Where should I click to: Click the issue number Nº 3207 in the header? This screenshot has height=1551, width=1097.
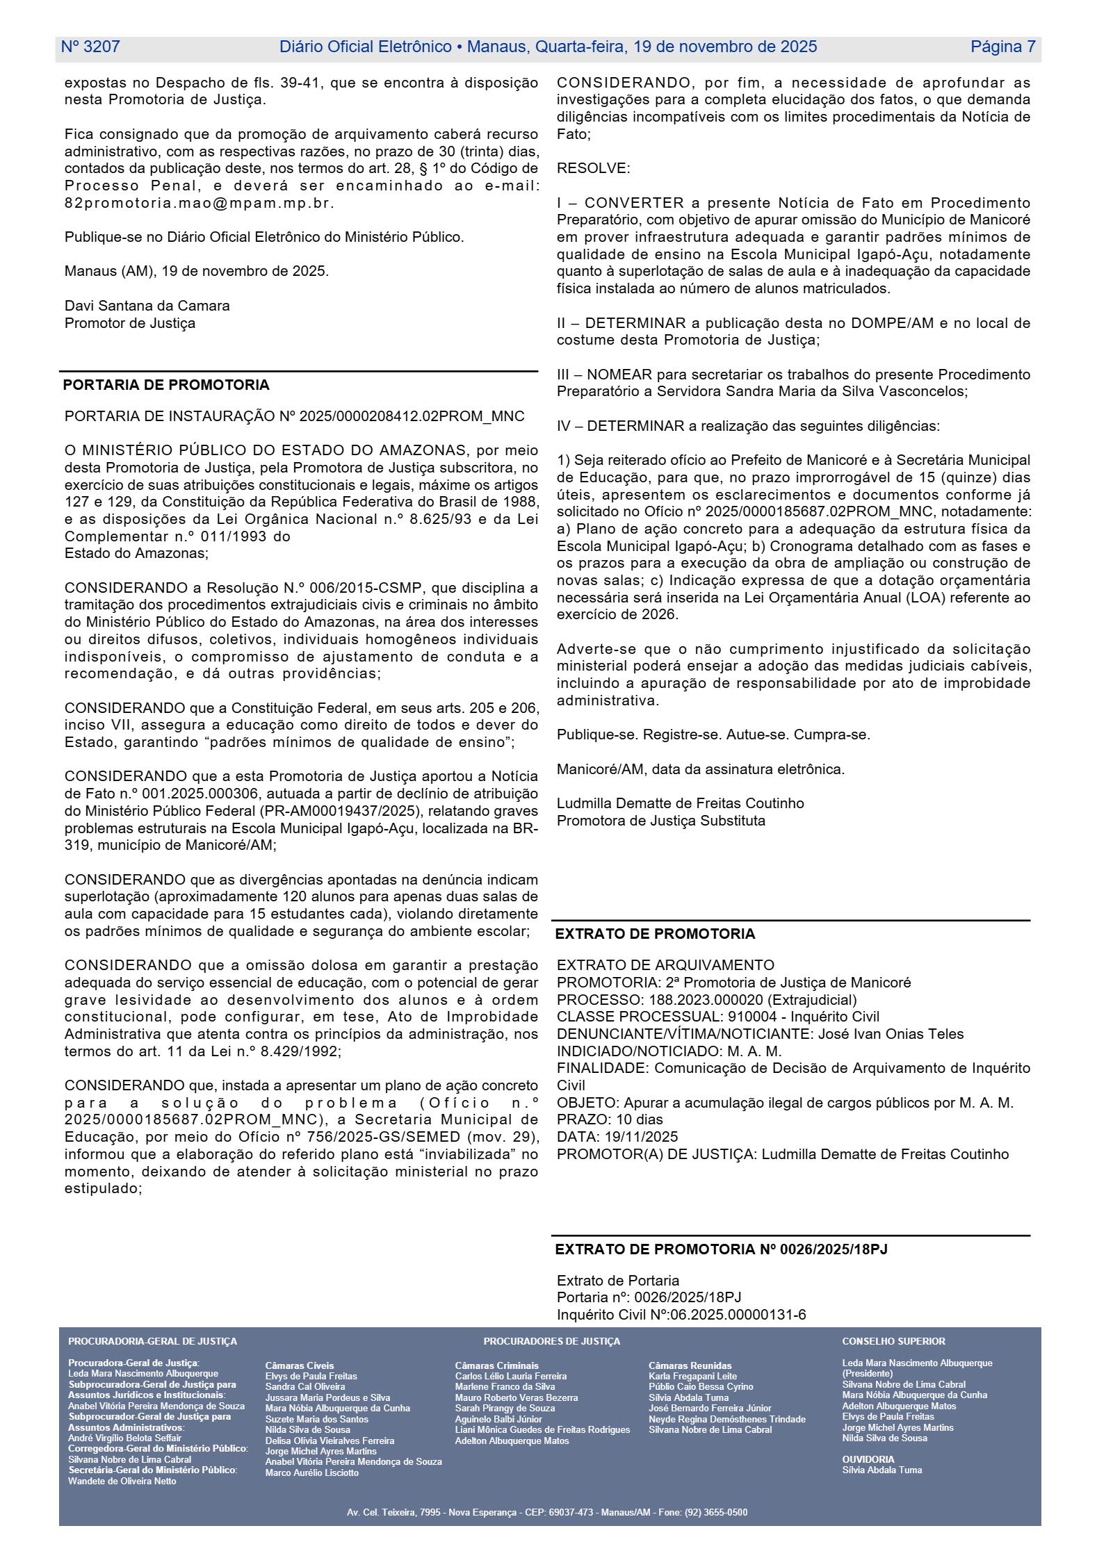(x=90, y=47)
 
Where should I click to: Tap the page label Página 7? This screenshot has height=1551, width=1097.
(x=1002, y=47)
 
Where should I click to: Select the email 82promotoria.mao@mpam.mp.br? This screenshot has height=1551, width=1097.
(x=200, y=203)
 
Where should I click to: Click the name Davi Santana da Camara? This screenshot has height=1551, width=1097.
(x=147, y=306)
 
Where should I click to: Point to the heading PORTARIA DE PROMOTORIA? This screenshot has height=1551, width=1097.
(x=166, y=385)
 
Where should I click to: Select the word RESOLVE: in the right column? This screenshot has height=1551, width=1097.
(x=593, y=168)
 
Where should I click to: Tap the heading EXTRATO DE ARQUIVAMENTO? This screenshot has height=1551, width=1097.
(x=665, y=965)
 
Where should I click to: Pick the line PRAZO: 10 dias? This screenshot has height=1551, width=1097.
(x=610, y=1119)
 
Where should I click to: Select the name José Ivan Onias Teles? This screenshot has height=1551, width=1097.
(x=891, y=1034)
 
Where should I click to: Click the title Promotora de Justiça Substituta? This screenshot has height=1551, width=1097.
(x=660, y=821)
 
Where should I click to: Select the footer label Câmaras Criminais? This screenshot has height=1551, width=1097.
(x=496, y=1365)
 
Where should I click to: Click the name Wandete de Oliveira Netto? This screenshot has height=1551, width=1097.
(x=122, y=1481)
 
